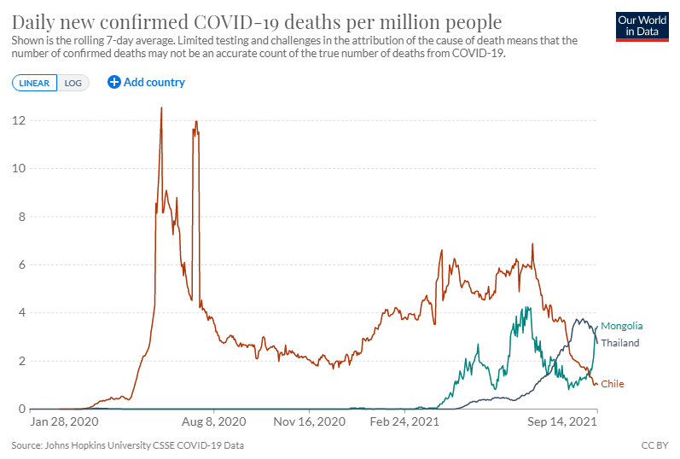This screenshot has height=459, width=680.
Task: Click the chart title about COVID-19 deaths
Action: pos(256,21)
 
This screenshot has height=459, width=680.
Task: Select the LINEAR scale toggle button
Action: pos(35,83)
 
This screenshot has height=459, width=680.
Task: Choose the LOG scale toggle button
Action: pos(73,83)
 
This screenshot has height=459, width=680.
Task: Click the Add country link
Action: pos(146,83)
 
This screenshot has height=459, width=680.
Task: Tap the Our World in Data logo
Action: pos(642,26)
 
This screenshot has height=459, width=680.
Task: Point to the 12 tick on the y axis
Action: pos(17,120)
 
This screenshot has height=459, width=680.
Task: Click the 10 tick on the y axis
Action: pos(17,169)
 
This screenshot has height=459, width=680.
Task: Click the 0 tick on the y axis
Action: pos(20,410)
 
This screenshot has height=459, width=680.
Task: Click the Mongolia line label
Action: pos(621,326)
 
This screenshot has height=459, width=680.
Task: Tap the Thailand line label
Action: pos(620,343)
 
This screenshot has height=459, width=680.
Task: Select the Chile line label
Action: pos(613,385)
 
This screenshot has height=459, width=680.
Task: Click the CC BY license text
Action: pos(654,445)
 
